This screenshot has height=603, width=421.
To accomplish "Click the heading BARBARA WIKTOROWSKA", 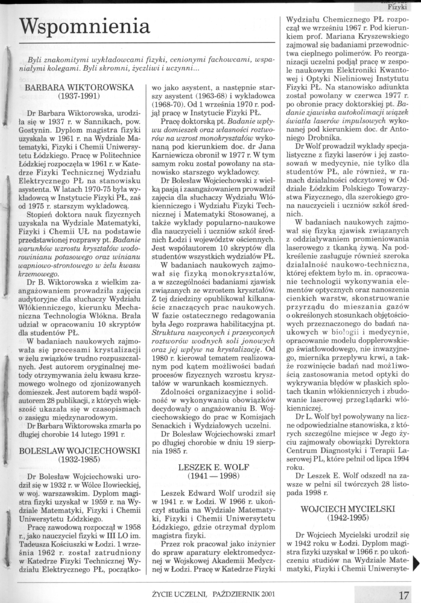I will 79,87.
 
